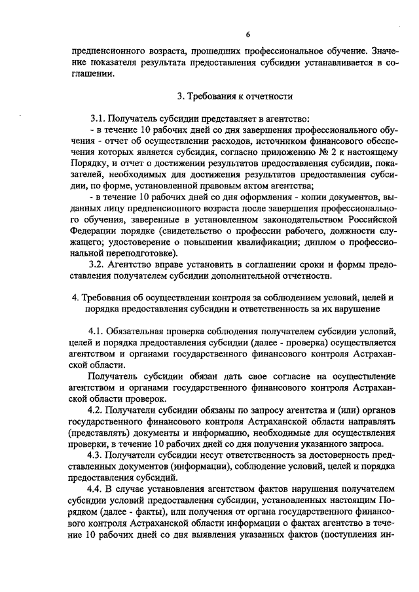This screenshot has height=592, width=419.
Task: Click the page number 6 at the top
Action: point(248,35)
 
